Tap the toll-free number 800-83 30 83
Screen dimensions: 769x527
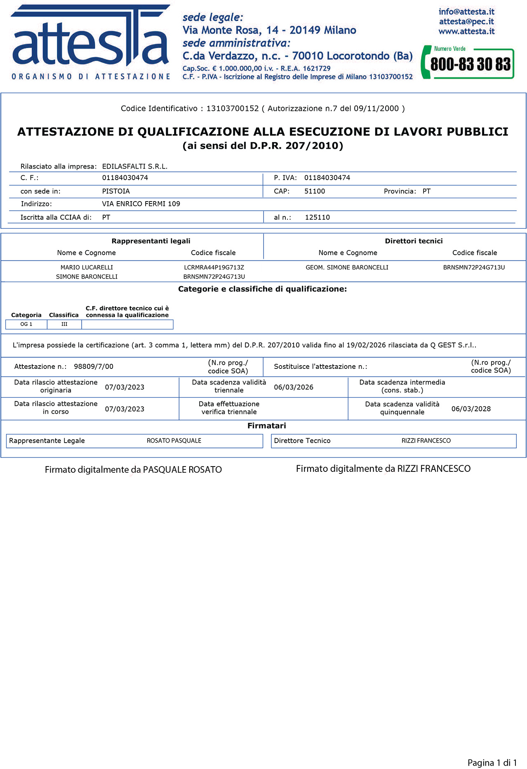[x=470, y=64]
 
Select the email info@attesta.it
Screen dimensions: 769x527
[x=466, y=12]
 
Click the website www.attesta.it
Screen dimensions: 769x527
[x=466, y=31]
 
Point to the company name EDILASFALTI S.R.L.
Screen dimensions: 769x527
[x=135, y=166]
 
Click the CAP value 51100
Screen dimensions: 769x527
[x=315, y=191]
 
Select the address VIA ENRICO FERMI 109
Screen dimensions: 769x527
[x=141, y=204]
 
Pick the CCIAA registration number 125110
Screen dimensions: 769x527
[x=318, y=217]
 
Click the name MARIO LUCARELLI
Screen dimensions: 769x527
[x=87, y=267]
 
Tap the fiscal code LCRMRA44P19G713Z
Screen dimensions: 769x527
[x=214, y=267]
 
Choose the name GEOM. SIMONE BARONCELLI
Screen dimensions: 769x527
[x=347, y=267]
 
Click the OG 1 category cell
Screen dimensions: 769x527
[x=26, y=324]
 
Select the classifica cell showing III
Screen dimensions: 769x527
[x=64, y=324]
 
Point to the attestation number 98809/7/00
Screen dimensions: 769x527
[x=94, y=366]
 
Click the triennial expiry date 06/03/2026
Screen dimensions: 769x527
[x=294, y=387]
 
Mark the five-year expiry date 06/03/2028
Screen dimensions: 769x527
[x=471, y=409]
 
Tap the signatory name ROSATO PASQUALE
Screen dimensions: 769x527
[x=174, y=441]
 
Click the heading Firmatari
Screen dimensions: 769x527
[x=266, y=426]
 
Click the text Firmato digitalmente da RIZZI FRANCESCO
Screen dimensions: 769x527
[x=383, y=469]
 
